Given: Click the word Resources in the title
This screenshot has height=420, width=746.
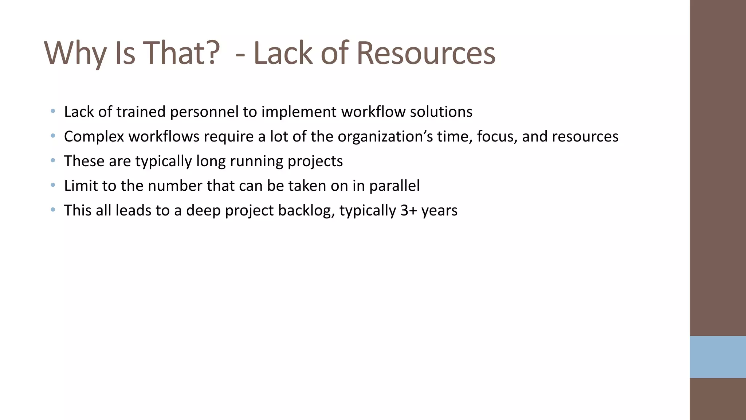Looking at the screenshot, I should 425,53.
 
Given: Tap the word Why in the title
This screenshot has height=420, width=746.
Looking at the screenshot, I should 75,53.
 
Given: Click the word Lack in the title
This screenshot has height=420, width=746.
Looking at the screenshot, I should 283,53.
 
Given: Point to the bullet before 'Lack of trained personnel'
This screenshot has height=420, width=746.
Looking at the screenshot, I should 53,111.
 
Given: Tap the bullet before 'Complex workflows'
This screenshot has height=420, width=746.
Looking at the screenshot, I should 53,136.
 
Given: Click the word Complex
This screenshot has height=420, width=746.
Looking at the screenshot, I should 94,137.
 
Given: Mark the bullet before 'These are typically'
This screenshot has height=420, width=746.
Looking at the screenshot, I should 53,160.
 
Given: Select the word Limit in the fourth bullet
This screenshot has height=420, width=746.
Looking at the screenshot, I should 81,186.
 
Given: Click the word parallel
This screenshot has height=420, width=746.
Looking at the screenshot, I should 394,186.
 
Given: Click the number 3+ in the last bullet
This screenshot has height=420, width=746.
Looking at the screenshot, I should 408,211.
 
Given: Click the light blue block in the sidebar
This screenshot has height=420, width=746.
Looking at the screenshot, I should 718,357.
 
